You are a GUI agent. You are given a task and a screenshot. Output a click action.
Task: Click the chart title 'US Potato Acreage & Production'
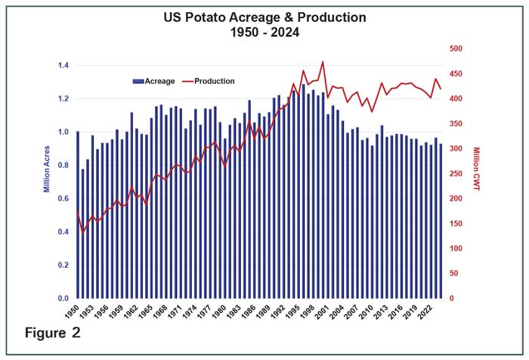coord(264,17)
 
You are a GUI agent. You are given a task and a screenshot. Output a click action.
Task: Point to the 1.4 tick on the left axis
coord(63,66)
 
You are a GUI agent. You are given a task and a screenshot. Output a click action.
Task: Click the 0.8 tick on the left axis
coord(63,166)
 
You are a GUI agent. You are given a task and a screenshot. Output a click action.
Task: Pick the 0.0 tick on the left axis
coord(63,299)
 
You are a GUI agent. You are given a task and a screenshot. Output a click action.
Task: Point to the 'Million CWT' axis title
coord(476,169)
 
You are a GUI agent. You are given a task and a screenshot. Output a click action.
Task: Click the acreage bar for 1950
coord(78,216)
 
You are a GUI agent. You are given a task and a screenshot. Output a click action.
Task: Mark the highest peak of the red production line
coord(323,62)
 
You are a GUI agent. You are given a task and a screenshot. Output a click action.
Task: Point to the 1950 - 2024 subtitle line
coord(264,33)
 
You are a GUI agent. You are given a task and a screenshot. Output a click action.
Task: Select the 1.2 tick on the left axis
coord(63,99)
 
